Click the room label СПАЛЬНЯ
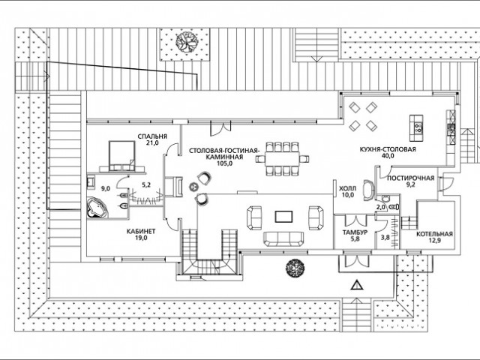click(152, 136)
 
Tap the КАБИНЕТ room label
click(141, 232)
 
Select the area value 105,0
click(223, 163)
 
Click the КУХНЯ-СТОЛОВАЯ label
click(388, 149)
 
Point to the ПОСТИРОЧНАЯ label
click(410, 178)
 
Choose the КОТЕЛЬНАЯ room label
click(434, 234)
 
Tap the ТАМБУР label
click(355, 232)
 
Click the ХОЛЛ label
click(348, 188)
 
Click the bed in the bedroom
click(121, 155)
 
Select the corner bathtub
click(97, 208)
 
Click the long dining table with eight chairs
click(282, 158)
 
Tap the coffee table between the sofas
click(283, 217)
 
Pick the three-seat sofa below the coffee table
click(283, 238)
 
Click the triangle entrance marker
click(357, 286)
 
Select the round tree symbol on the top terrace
click(185, 42)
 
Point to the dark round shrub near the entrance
click(295, 268)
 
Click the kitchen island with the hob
click(416, 128)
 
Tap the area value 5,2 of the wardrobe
click(146, 185)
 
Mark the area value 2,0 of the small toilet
click(380, 207)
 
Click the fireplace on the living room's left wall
click(174, 187)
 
